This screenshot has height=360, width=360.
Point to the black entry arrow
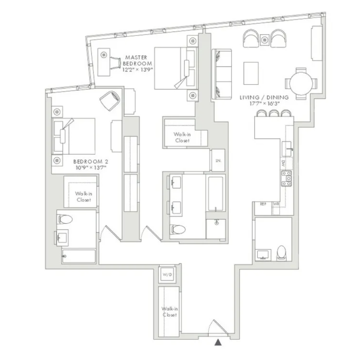pyautogui.click(x=218, y=343)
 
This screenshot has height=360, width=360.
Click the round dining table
pyautogui.click(x=301, y=83)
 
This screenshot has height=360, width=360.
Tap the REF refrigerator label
pyautogui.click(x=263, y=204)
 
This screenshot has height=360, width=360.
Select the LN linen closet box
pyautogui.click(x=218, y=161)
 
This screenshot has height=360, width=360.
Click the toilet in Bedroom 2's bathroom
pyautogui.click(x=65, y=219)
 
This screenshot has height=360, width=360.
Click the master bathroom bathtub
pyautogui.click(x=215, y=193)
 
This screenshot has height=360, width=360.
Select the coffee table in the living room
pyautogui.click(x=251, y=73)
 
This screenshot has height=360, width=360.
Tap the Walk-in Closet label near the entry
pyautogui.click(x=169, y=312)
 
